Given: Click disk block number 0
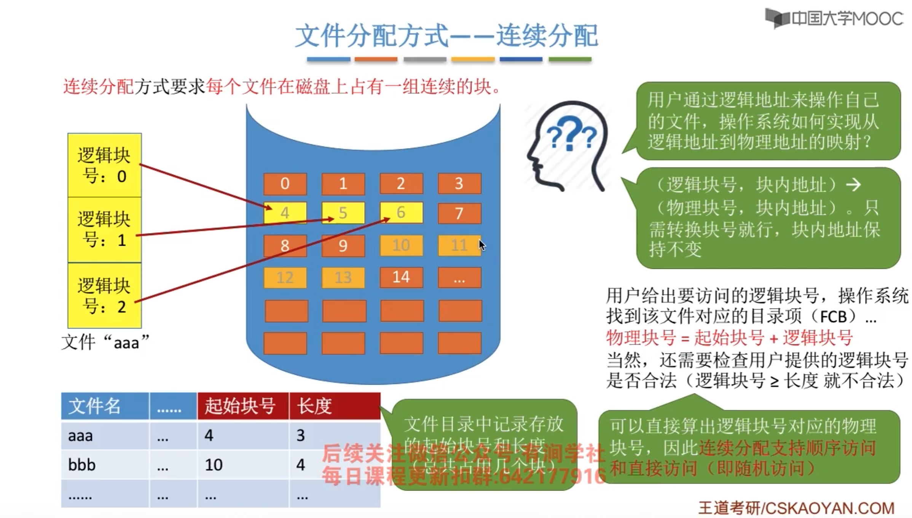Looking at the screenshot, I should (285, 184).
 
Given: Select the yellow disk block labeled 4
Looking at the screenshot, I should (285, 213).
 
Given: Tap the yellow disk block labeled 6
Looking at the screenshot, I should (401, 213).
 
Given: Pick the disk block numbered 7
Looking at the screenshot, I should (459, 213).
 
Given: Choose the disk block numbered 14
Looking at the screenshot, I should (401, 277).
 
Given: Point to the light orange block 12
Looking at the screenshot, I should (285, 278).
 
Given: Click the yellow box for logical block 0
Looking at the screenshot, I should (105, 165).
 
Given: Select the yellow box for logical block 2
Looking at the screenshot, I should (105, 296).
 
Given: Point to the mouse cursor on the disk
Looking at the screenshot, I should (482, 245).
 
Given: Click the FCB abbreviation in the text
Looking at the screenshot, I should (833, 317).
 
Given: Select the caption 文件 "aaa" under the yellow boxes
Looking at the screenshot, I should (105, 342).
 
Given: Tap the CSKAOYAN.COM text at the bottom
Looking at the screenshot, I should (830, 508).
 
